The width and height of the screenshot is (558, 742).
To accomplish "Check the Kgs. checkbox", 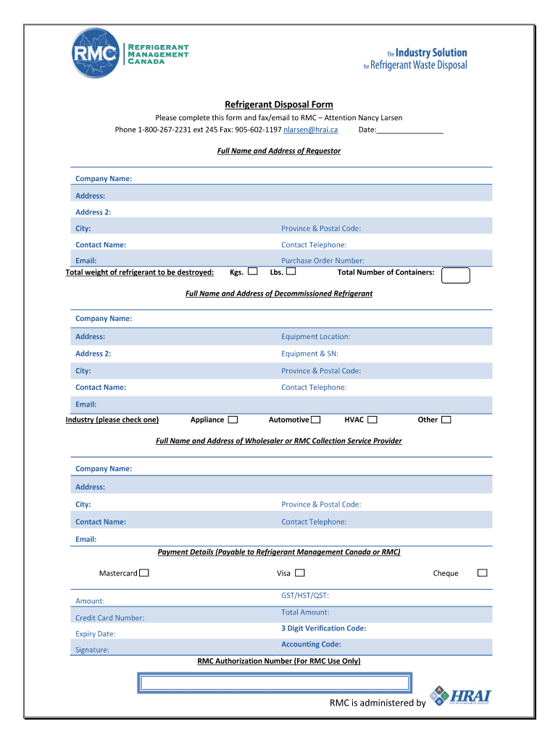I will (x=253, y=272).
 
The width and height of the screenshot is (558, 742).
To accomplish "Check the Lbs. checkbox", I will (x=291, y=272).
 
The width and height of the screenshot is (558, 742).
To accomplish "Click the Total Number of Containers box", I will (x=456, y=275).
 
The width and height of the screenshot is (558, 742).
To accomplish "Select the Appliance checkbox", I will (x=233, y=420).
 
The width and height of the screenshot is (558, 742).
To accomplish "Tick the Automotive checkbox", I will (x=316, y=420).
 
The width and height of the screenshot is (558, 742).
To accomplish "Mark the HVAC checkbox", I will (x=372, y=420).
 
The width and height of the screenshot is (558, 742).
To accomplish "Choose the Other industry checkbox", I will (x=446, y=420).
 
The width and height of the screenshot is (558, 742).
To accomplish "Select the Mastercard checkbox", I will (x=144, y=573).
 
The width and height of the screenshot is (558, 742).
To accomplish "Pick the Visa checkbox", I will (x=300, y=572).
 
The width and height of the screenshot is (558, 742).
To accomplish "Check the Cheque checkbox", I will (x=482, y=572).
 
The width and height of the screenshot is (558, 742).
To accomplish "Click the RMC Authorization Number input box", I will (x=275, y=683).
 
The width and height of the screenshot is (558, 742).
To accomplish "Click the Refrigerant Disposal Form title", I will (x=279, y=104).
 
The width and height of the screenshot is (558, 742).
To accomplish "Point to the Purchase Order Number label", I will (x=322, y=260).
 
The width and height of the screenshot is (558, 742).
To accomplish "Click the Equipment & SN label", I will (x=309, y=354).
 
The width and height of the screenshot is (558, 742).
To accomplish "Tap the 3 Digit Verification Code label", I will (x=323, y=628).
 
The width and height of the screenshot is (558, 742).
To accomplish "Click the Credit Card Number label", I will (x=109, y=618).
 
